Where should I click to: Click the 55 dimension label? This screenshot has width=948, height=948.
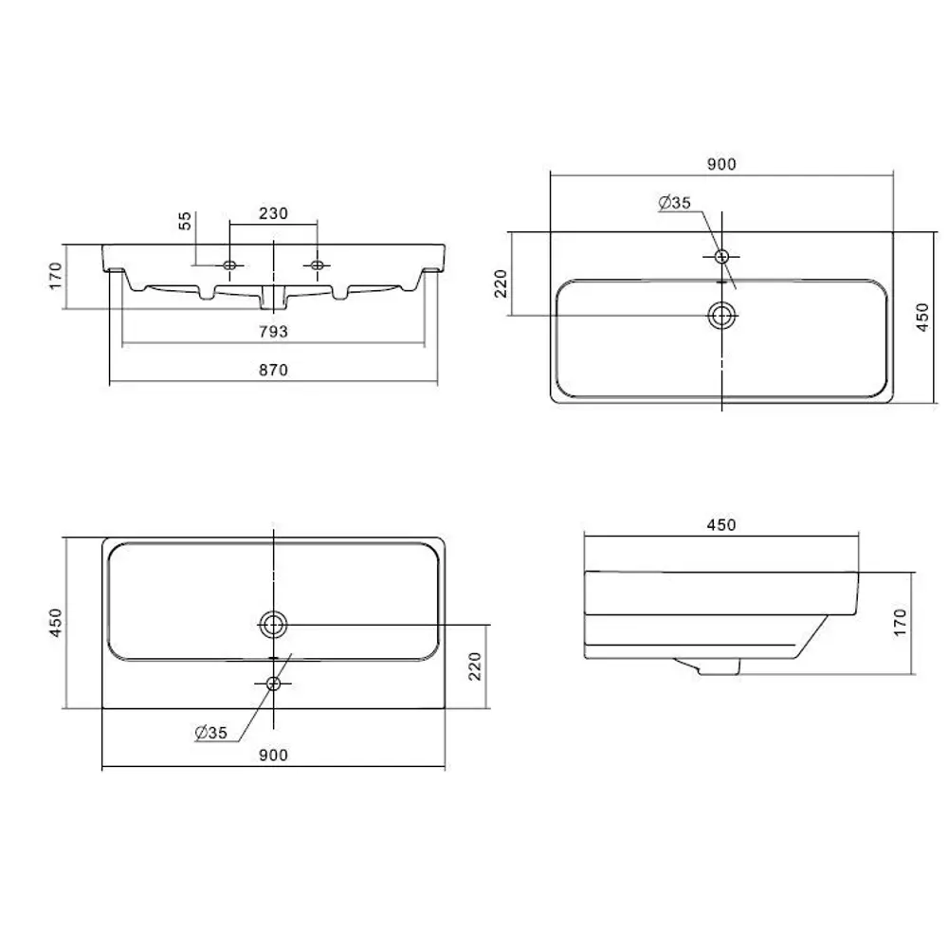pyautogui.click(x=186, y=221)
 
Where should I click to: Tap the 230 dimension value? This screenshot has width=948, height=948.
pyautogui.click(x=273, y=213)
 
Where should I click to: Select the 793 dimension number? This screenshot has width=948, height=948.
pyautogui.click(x=273, y=331)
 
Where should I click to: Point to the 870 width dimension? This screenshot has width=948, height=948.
pyautogui.click(x=273, y=371)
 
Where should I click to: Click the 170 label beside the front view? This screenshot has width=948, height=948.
pyautogui.click(x=55, y=275)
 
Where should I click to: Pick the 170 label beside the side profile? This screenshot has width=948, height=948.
pyautogui.click(x=900, y=620)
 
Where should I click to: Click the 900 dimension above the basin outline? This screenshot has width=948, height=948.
pyautogui.click(x=721, y=164)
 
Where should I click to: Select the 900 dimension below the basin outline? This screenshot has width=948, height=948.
pyautogui.click(x=273, y=755)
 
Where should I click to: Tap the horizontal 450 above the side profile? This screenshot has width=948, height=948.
pyautogui.click(x=721, y=524)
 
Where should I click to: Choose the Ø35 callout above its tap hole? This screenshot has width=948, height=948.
pyautogui.click(x=675, y=202)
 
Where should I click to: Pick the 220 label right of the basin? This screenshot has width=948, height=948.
pyautogui.click(x=476, y=665)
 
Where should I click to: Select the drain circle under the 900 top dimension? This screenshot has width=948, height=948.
pyautogui.click(x=722, y=316)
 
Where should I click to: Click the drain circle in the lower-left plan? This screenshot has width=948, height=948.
pyautogui.click(x=274, y=623)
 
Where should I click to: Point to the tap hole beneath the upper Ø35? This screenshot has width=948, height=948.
pyautogui.click(x=722, y=256)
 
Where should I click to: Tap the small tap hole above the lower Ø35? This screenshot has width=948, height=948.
pyautogui.click(x=274, y=683)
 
